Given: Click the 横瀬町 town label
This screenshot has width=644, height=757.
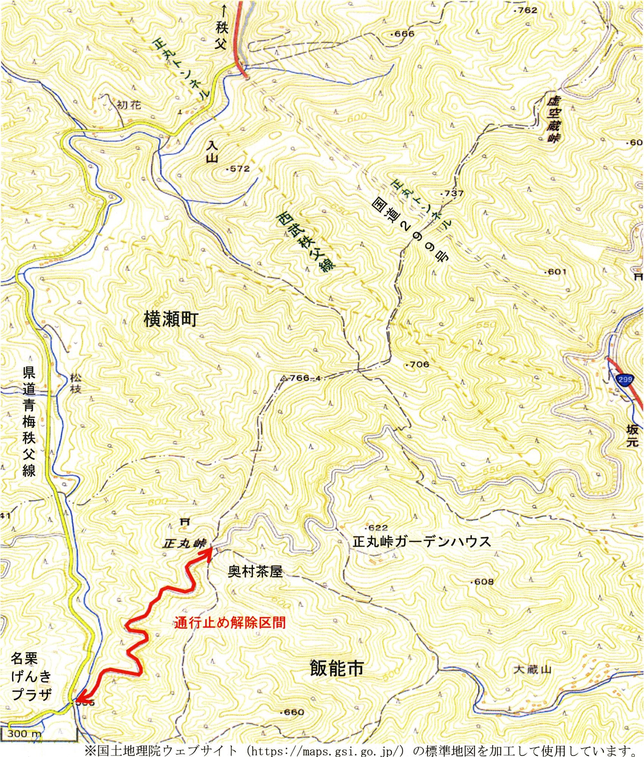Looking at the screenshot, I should click(170, 321).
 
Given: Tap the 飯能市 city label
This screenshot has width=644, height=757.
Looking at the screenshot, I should click(336, 668).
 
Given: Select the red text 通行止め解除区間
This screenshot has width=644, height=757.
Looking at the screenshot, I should click(230, 622).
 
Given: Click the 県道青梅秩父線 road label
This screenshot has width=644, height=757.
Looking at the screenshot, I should click(29, 423).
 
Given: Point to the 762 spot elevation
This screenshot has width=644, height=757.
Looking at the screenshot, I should click(527, 10).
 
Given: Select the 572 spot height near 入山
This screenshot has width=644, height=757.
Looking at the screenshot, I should click(239, 169).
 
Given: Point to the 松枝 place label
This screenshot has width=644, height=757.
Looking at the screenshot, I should click(76, 384).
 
